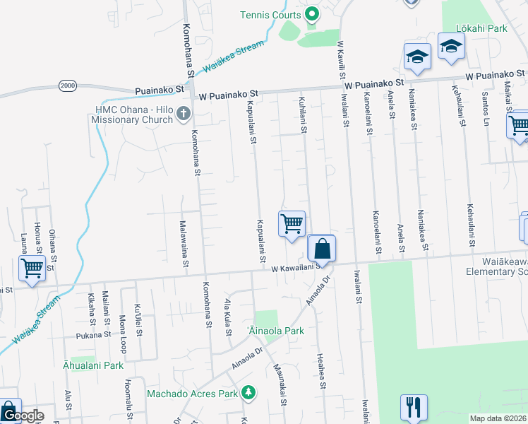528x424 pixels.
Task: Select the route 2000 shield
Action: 68,86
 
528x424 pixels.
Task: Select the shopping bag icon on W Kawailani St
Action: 321,249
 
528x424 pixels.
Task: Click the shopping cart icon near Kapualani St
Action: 292,224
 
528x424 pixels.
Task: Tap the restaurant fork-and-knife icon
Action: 414,407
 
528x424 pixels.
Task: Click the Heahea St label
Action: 320,371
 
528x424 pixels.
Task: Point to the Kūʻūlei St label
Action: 138,312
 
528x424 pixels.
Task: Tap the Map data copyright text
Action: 498,418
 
